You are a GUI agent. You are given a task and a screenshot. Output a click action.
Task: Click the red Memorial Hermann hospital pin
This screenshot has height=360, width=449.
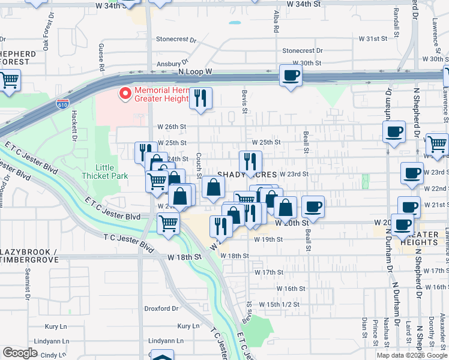click(125, 94)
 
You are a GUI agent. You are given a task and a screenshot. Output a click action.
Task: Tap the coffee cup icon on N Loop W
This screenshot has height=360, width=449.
click(291, 76)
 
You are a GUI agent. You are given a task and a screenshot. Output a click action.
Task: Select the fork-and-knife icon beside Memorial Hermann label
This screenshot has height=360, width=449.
click(200, 97)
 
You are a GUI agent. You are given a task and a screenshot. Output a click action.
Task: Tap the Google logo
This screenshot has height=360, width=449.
click(20, 353)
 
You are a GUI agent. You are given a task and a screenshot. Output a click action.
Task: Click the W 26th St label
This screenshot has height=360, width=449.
click(172, 127)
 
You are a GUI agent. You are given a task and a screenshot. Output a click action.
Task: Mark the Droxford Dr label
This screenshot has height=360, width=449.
click(161, 309)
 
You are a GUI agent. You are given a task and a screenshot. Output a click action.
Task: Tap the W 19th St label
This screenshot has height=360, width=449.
click(268, 239)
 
